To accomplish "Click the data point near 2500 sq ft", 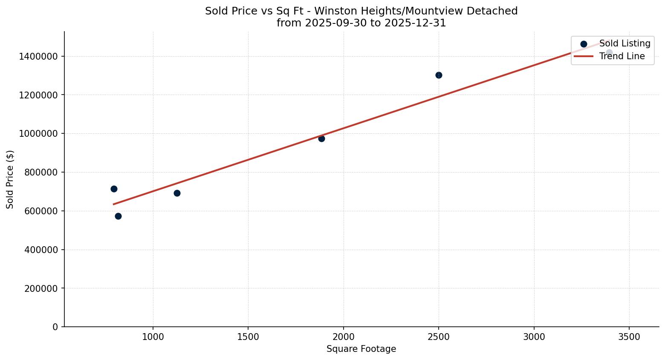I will (x=439, y=75).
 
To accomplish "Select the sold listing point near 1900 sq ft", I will (x=321, y=138).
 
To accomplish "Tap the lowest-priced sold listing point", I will (x=118, y=216).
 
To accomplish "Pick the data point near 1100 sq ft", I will (x=177, y=193).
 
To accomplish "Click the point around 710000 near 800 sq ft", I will (x=114, y=189).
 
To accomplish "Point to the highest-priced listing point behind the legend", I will (x=609, y=53).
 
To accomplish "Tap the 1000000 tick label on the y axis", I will (x=38, y=134).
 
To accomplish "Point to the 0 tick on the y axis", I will (x=55, y=327).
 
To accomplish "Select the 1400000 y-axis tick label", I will (x=38, y=56).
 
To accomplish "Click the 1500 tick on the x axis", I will (x=248, y=337).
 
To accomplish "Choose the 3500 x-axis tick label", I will (x=629, y=337).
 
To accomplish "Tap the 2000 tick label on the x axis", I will (x=344, y=337).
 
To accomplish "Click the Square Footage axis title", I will (x=361, y=349).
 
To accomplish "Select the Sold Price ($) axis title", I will (x=10, y=179).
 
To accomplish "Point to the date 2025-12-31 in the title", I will (x=415, y=23).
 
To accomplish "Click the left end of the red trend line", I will (x=114, y=204).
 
